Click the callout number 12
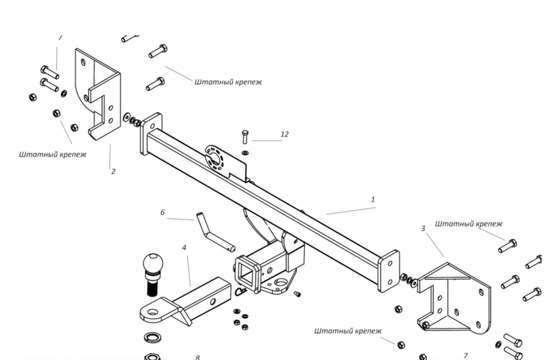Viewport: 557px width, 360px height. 285,134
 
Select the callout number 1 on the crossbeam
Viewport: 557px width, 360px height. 373,199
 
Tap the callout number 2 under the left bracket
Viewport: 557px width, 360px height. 113,171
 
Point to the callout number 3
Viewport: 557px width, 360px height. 423,228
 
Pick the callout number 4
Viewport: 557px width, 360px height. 184,247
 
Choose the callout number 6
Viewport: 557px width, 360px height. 163,212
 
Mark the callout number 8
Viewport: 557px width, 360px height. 197,357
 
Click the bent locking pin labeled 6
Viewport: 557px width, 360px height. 214,231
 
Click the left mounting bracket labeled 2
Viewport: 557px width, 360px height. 100,92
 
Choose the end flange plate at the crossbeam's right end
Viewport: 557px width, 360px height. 389,270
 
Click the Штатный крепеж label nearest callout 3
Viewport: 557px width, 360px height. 468,223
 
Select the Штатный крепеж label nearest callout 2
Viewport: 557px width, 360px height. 52,154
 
